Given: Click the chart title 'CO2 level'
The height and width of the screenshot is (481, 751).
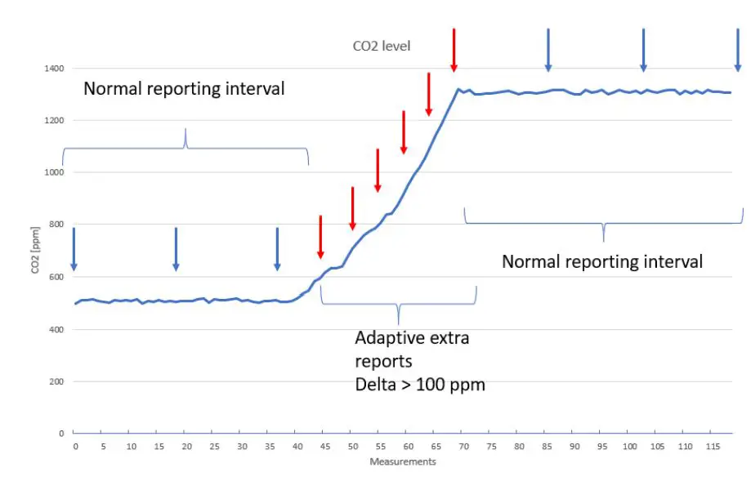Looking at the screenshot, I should pos(381,47).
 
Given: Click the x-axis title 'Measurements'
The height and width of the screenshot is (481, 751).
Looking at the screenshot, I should pos(403,462).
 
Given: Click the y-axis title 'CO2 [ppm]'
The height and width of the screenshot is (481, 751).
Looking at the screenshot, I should pos(36,251).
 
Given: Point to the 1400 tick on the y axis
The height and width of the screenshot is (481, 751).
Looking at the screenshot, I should pos(55,69).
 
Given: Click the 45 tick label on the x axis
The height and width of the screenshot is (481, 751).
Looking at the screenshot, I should pos(326,447).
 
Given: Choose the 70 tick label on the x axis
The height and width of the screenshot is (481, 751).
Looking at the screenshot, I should pos(464,447).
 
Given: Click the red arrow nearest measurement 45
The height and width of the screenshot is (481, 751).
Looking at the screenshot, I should pos(320,237).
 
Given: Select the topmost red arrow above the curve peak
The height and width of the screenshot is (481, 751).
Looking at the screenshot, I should pos(454,50).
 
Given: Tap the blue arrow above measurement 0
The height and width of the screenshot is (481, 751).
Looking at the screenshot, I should pos(74,249).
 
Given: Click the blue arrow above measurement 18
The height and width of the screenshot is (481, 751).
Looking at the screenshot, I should pos(176,249).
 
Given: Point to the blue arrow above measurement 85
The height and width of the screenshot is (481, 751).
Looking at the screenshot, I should pos(548,50).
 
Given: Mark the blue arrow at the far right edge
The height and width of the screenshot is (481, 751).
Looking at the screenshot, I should pos(737,50).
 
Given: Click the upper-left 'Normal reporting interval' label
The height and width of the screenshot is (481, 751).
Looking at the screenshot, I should pos(184,89).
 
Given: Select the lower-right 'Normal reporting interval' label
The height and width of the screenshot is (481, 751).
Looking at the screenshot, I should pos(601,262).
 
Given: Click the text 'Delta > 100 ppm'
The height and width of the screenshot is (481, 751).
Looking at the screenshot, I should pos(419,384).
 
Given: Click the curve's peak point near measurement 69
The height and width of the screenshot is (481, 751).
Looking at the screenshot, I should pos(458,89).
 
